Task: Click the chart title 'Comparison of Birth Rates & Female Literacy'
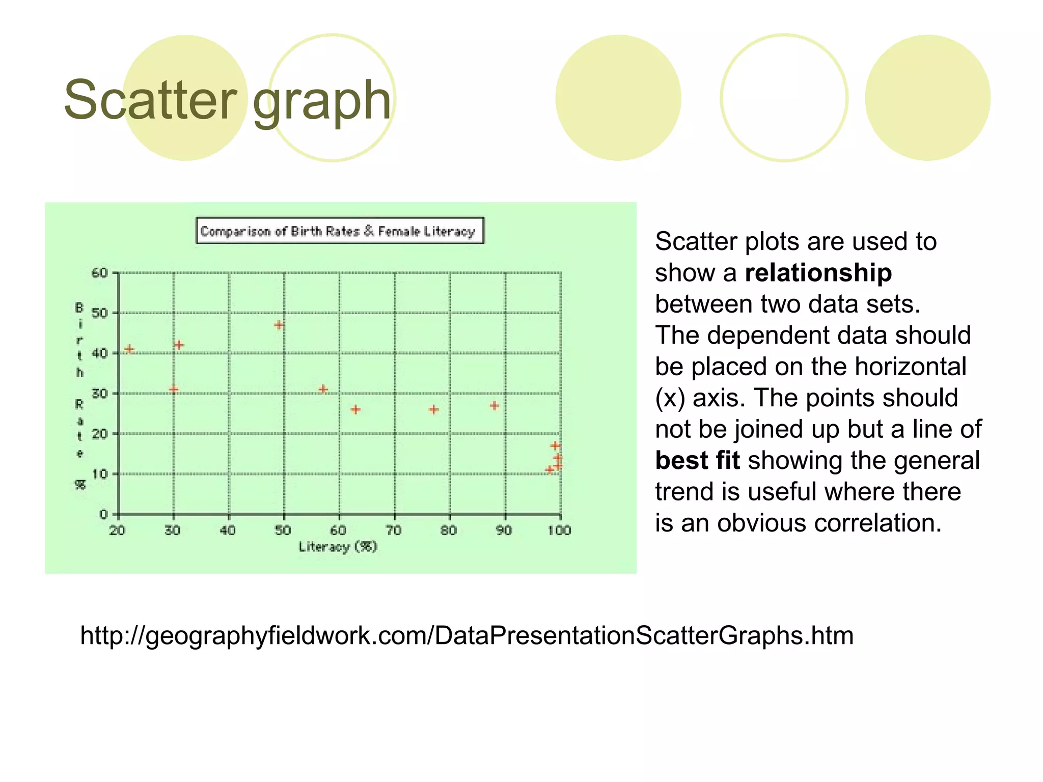pos(340,231)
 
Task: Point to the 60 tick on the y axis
pos(100,273)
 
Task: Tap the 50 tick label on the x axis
pos(283,530)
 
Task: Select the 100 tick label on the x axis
pos(559,530)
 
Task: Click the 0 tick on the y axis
pos(103,514)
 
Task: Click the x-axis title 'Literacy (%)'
pos(338,547)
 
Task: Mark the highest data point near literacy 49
pos(279,325)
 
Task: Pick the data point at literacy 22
pos(129,349)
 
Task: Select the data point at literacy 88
pos(494,406)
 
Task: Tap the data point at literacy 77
pos(433,409)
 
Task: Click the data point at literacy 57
pos(323,389)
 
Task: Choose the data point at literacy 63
pos(355,409)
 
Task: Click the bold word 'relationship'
pos(818,273)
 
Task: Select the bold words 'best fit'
pos(697,460)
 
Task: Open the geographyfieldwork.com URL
pos(466,636)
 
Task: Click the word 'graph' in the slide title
pos(322,102)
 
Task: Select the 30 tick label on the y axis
pos(100,394)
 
